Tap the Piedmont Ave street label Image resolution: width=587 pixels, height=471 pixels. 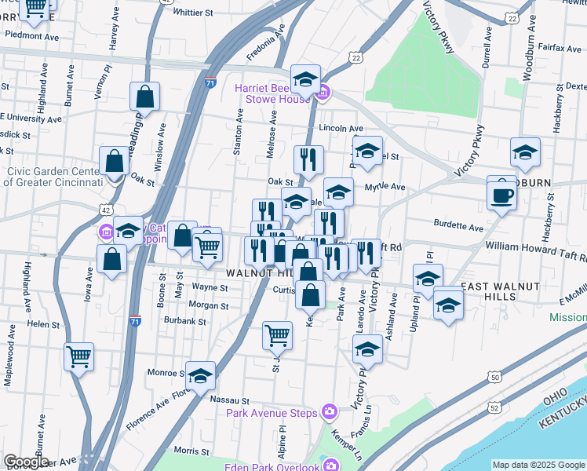(x=32, y=36)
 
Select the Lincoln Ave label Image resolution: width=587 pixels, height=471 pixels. (x=341, y=128)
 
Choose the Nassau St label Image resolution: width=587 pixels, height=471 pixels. (x=229, y=400)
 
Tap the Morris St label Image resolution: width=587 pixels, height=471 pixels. (x=190, y=450)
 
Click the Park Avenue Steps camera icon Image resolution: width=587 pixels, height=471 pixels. (x=330, y=412)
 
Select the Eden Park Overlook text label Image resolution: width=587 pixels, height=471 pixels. (x=272, y=468)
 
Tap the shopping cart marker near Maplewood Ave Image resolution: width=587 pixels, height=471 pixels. (x=78, y=356)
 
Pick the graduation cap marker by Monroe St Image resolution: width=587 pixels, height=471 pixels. (x=201, y=377)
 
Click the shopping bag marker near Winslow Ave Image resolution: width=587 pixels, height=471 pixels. (x=146, y=97)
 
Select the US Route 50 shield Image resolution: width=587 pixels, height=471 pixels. (x=494, y=378)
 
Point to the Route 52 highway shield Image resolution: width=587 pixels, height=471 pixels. (x=494, y=407)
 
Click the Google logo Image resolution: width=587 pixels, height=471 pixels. (x=26, y=462)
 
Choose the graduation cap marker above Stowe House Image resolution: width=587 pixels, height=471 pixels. (x=305, y=78)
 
